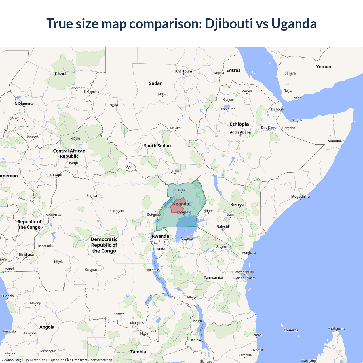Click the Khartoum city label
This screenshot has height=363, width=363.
183,71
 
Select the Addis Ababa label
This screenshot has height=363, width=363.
240,132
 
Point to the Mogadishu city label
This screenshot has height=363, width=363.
300,196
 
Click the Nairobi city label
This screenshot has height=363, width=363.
223,227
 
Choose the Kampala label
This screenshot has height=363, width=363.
185,212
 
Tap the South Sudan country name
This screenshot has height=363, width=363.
157,146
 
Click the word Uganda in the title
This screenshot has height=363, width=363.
294,24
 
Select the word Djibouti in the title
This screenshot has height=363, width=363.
229,24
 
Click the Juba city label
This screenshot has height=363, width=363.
175,171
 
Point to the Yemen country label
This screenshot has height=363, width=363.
324,67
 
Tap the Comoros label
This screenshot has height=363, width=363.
291,330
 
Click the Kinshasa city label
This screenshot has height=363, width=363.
26,254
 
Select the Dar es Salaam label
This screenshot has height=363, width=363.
245,278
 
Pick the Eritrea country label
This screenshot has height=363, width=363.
233,70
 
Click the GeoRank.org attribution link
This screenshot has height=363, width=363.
11,360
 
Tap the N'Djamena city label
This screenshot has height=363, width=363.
24,104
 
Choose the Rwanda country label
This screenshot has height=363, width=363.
160,236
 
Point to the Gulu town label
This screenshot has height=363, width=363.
181,190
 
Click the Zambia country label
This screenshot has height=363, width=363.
138,352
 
